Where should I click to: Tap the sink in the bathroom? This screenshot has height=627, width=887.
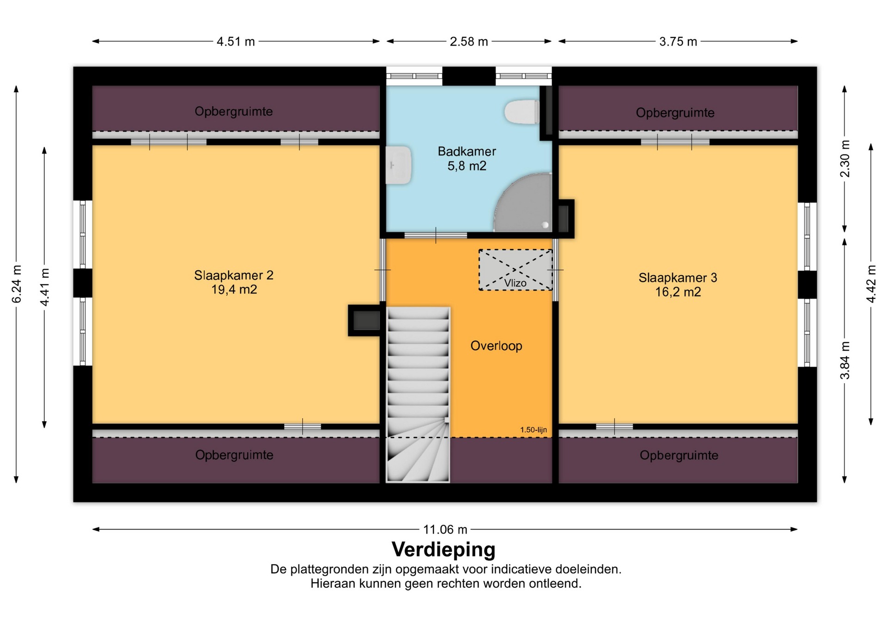coord(399,165)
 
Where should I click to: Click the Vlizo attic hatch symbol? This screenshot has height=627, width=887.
coord(516,270)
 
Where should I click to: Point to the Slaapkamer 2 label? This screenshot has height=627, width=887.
coord(234,275)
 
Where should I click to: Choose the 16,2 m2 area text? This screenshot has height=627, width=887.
coord(678,292)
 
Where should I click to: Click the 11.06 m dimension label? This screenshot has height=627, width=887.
coord(445,529)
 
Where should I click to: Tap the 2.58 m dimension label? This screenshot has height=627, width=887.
coord(469,42)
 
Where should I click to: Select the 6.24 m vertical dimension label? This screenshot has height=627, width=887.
coord(16,284)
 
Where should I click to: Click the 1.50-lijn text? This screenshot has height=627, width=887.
coord(534,430)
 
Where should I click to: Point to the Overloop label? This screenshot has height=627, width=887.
coord(496,346)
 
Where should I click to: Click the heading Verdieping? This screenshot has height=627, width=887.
coord(443,549)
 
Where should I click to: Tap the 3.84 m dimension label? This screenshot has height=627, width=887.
coord(845,360)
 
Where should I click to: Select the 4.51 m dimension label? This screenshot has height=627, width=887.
coord(236,42)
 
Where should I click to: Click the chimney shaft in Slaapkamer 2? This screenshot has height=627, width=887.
coord(365,320)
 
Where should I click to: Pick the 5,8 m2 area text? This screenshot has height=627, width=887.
coord(467,166)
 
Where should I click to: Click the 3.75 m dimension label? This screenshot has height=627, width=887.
coord(678,42)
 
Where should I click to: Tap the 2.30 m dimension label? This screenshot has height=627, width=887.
coord(845,158)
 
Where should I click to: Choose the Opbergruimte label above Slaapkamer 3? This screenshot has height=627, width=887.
coord(675,113)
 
